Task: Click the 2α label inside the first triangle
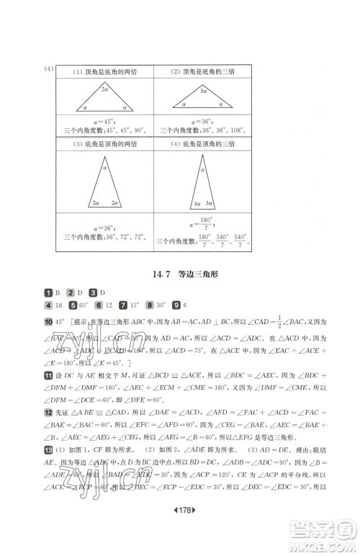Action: [x=106, y=90]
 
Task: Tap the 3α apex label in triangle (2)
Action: [x=204, y=91]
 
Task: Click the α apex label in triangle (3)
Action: [x=105, y=167]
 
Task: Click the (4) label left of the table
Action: [x=49, y=69]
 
